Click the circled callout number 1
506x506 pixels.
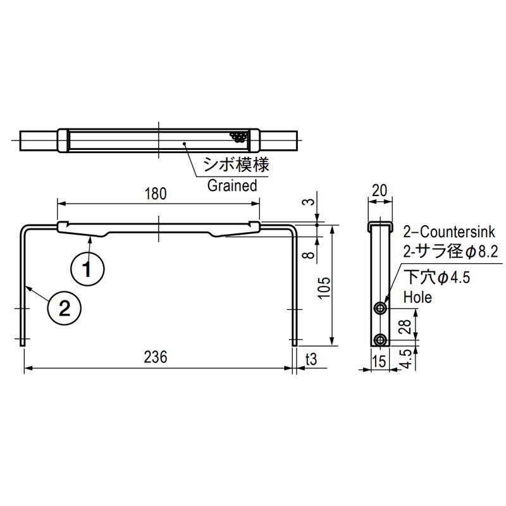pyautogui.click(x=87, y=269)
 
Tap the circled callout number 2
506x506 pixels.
pyautogui.click(x=65, y=308)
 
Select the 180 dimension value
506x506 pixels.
pyautogui.click(x=156, y=194)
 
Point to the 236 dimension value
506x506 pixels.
pyautogui.click(x=156, y=357)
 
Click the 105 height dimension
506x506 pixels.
pyautogui.click(x=325, y=288)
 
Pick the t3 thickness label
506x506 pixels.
pyautogui.click(x=311, y=359)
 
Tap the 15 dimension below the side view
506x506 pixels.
pyautogui.click(x=379, y=361)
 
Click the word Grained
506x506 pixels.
pyautogui.click(x=232, y=185)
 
